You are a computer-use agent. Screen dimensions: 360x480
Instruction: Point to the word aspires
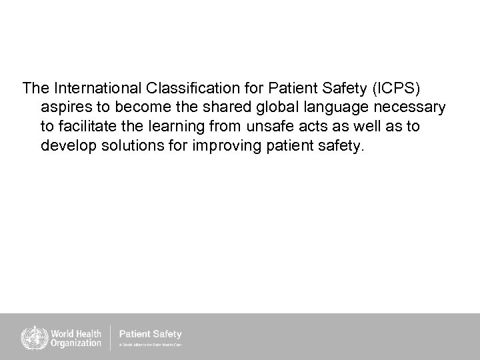coord(65,107)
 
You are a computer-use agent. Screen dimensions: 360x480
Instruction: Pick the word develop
coord(67,146)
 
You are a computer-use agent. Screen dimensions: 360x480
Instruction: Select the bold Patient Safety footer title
coord(150,333)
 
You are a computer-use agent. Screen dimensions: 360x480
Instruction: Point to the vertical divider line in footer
coord(110,337)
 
